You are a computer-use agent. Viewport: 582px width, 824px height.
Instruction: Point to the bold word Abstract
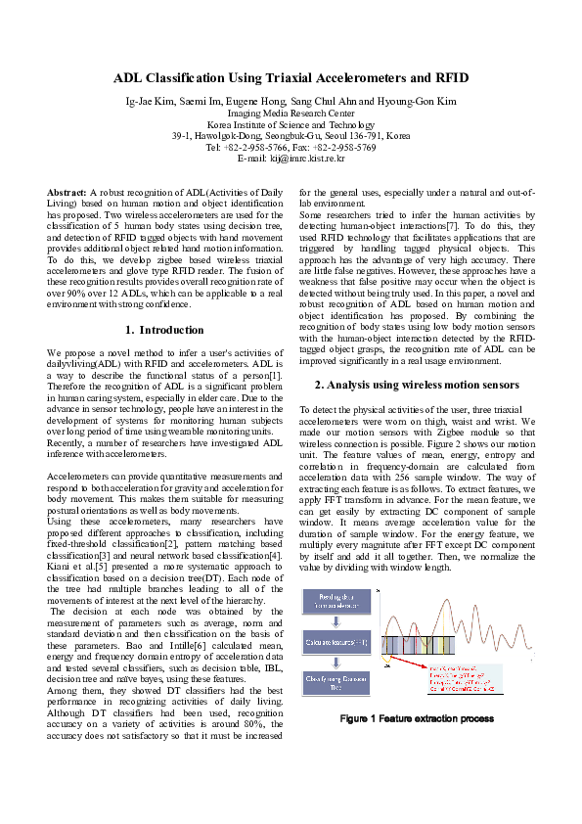click(x=67, y=194)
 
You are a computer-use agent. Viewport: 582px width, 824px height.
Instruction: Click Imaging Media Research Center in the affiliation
click(x=291, y=114)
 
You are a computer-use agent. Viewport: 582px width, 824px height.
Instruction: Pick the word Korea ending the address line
click(x=397, y=135)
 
